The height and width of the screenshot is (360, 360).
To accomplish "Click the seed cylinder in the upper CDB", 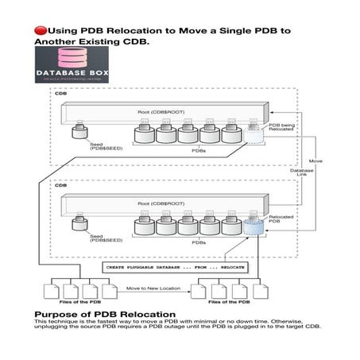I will coord(79,133).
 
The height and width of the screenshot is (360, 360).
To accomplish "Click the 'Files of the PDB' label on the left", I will coord(78,302).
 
